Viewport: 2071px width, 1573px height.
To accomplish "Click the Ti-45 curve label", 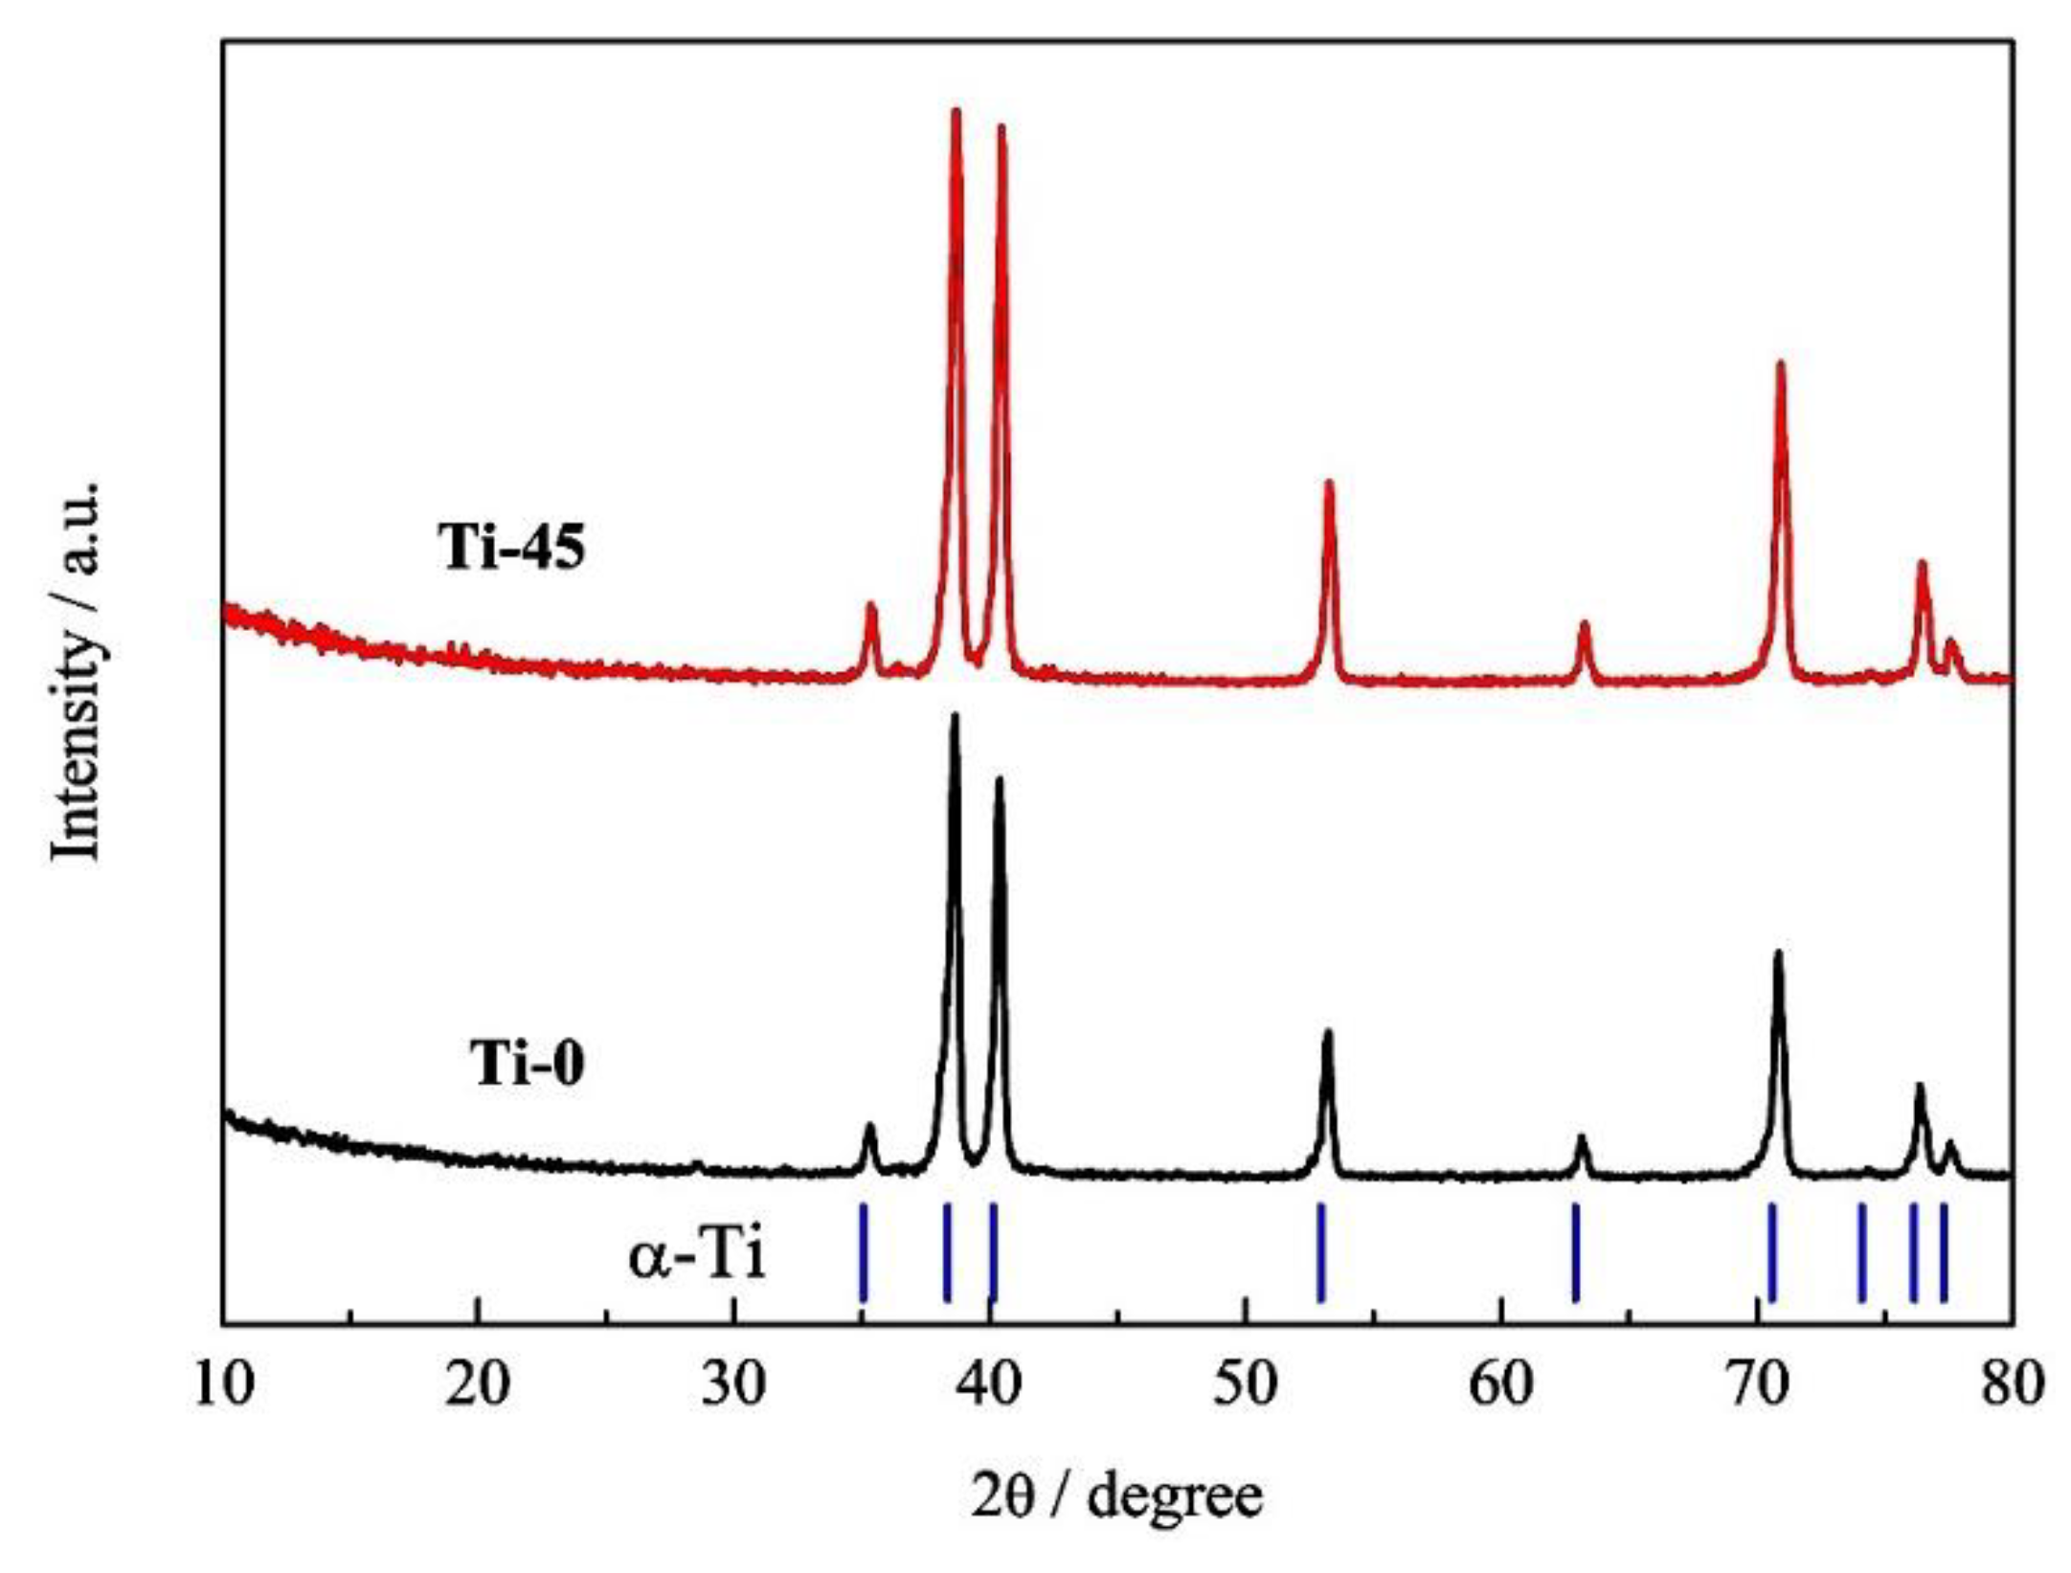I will coord(511,550).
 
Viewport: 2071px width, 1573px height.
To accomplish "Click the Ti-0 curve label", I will coord(527,1064).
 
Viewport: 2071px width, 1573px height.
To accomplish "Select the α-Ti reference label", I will coord(697,1256).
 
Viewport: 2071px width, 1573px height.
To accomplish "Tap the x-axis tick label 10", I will coord(224,1385).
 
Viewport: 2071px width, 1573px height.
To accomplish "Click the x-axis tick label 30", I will coord(734,1385).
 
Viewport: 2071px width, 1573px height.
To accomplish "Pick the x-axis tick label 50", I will coord(1246,1385).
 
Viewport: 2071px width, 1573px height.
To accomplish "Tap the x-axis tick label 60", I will coord(1501,1385).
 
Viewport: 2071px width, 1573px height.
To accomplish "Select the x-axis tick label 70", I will coord(1757,1385).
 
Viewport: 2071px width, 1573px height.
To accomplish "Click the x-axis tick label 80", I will coord(2011,1385).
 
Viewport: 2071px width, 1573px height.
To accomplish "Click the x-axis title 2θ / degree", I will coord(1117,1495).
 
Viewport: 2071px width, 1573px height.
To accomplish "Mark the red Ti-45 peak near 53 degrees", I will coord(1329,484).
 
